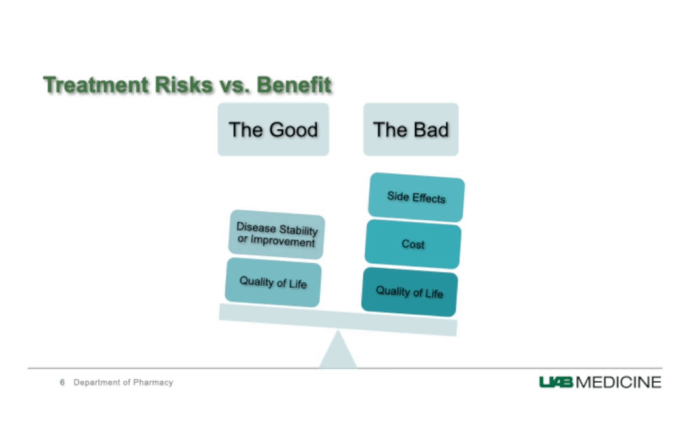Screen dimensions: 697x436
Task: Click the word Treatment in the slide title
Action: (x=96, y=85)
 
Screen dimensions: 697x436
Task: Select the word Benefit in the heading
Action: (x=294, y=85)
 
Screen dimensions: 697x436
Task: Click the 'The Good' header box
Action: (x=274, y=129)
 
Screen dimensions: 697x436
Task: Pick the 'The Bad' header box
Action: (x=410, y=129)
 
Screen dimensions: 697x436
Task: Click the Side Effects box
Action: (x=416, y=197)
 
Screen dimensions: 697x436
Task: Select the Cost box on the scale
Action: (x=413, y=244)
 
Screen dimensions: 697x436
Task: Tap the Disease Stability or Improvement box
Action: (x=277, y=234)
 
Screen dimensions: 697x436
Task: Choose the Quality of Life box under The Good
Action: (x=274, y=282)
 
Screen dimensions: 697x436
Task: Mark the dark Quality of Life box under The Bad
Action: (x=409, y=293)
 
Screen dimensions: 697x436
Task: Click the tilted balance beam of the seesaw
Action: (x=338, y=320)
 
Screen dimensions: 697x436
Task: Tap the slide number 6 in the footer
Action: (x=62, y=382)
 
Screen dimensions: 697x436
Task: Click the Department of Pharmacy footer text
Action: (x=123, y=382)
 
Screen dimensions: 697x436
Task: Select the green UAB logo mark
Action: (x=556, y=382)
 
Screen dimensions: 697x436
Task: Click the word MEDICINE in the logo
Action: (x=618, y=382)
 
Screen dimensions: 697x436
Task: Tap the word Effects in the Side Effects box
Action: (x=429, y=198)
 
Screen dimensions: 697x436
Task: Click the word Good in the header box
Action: (x=294, y=130)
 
